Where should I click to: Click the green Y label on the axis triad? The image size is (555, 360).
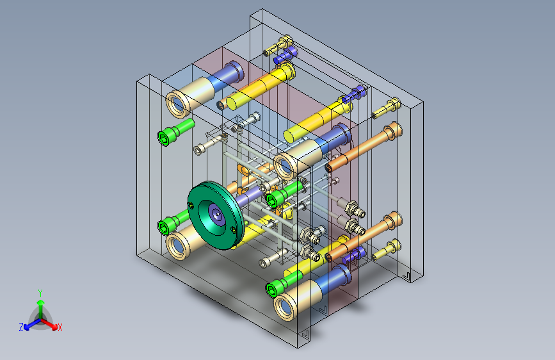(40, 293)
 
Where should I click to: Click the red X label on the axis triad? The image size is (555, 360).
(60, 327)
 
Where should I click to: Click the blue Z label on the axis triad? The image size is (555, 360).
(21, 327)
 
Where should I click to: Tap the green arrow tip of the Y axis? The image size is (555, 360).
(41, 302)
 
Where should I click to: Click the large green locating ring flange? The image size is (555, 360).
(216, 215)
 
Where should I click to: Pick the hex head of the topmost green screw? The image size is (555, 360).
(163, 138)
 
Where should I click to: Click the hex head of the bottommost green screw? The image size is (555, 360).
(272, 290)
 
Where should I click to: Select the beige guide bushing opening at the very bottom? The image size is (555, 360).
(286, 307)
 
